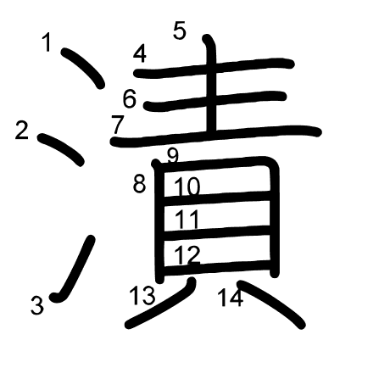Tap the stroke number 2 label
pos(22,130)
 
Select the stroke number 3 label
pos(37,305)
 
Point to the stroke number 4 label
pos(140,53)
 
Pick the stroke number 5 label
pos(180,31)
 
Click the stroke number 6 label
pos(130,98)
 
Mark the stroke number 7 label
pos(117,125)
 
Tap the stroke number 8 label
pos(140,184)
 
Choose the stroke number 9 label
pos(173,156)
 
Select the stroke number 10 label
pos(187,187)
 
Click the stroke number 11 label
pos(187,220)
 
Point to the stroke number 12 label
pos(187,254)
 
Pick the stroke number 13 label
pos(142,295)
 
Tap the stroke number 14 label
pos(231,298)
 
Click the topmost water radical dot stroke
pos(83,67)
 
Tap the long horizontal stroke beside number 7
pos(216,135)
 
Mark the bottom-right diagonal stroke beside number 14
pos(271,303)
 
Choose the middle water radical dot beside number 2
pos(61,149)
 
